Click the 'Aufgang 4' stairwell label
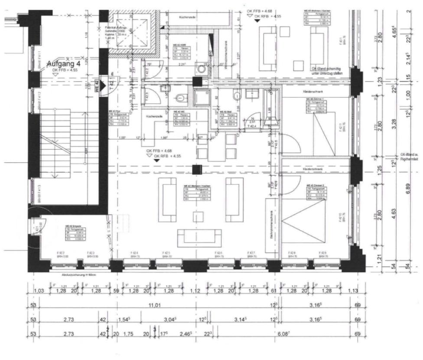coord(64,63)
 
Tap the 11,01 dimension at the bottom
coord(155,305)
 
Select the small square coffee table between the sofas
coord(198,216)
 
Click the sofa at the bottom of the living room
coord(198,237)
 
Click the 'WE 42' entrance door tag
coord(97,85)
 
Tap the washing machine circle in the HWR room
coord(202,68)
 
